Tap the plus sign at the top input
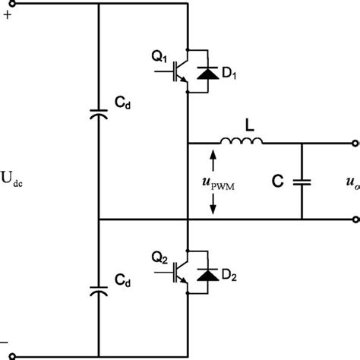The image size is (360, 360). coord(8,14)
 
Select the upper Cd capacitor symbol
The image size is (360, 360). coord(99,114)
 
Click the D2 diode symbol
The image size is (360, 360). coord(205,270)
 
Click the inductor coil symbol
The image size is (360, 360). coord(242,141)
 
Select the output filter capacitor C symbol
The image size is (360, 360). coord(302,182)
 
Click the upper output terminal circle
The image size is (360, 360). coord(353,143)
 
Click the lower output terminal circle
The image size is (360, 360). coord(353,220)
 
